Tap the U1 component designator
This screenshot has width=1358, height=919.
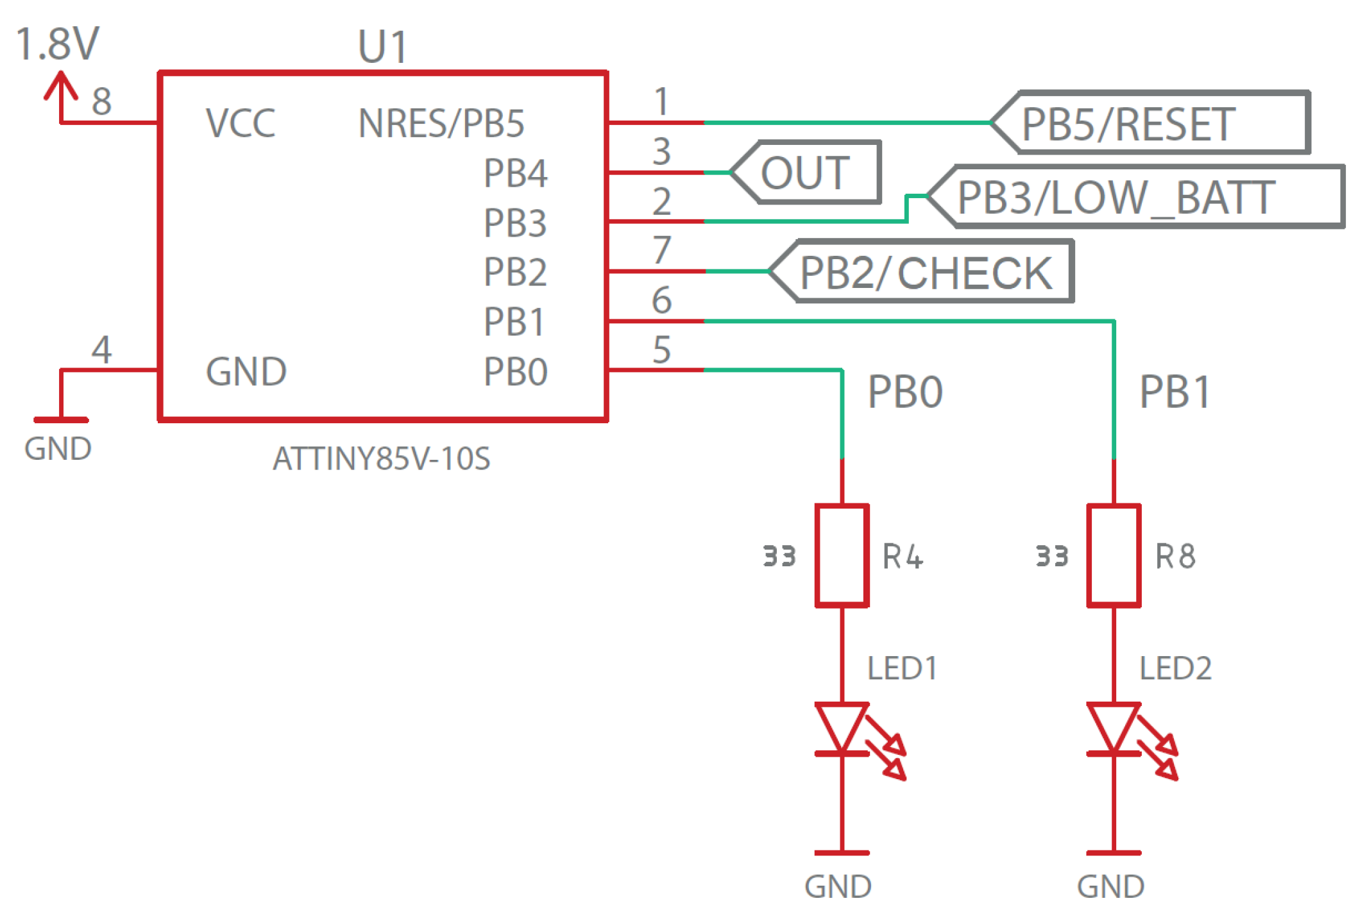point(382,47)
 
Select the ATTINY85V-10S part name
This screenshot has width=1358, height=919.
point(381,459)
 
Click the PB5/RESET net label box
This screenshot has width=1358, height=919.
point(1151,122)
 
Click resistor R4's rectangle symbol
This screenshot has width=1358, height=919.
point(842,555)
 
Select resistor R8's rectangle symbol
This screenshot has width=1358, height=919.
point(1113,555)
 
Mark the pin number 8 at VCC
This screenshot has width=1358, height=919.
point(101,101)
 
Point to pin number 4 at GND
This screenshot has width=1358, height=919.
point(101,350)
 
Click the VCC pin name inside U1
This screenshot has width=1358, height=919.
point(240,122)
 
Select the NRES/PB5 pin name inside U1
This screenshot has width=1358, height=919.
point(441,122)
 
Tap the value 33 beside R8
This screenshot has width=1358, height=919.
point(1052,556)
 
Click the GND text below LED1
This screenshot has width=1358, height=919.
point(838,887)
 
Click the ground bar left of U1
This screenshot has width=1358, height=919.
point(61,420)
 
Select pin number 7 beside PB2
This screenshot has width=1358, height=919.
point(662,250)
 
